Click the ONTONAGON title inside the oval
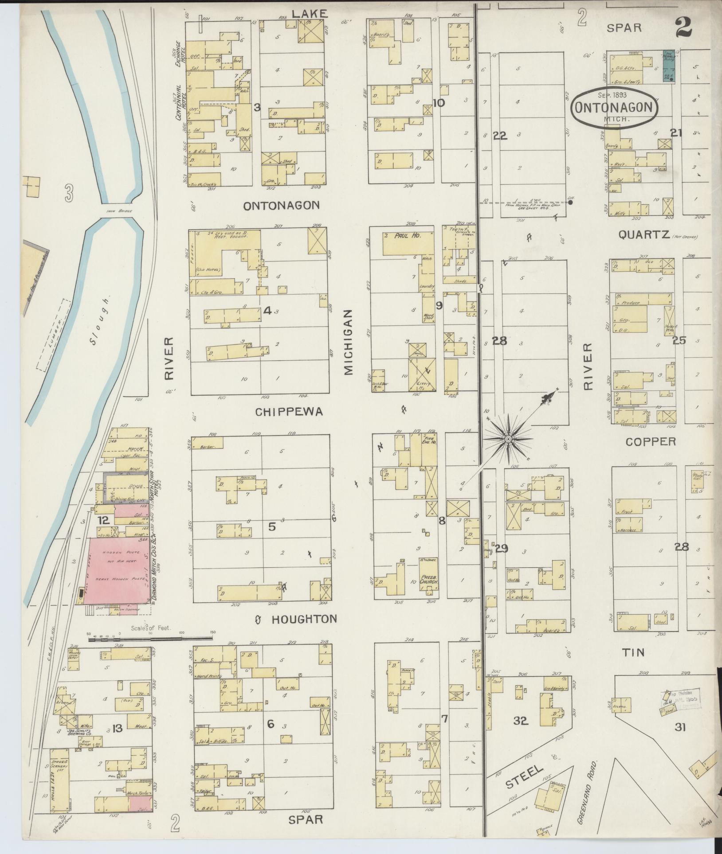pyautogui.click(x=614, y=108)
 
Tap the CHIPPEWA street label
pyautogui.click(x=289, y=412)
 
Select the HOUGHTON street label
pyautogui.click(x=305, y=619)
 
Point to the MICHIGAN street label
pyautogui.click(x=348, y=343)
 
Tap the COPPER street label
pyautogui.click(x=651, y=441)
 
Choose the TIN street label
pyautogui.click(x=633, y=652)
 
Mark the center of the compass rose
pyautogui.click(x=508, y=439)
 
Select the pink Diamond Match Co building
pyautogui.click(x=118, y=569)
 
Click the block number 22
pyautogui.click(x=500, y=136)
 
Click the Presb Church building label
pyautogui.click(x=428, y=579)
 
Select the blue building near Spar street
pyautogui.click(x=669, y=66)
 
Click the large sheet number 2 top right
pyautogui.click(x=685, y=27)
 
